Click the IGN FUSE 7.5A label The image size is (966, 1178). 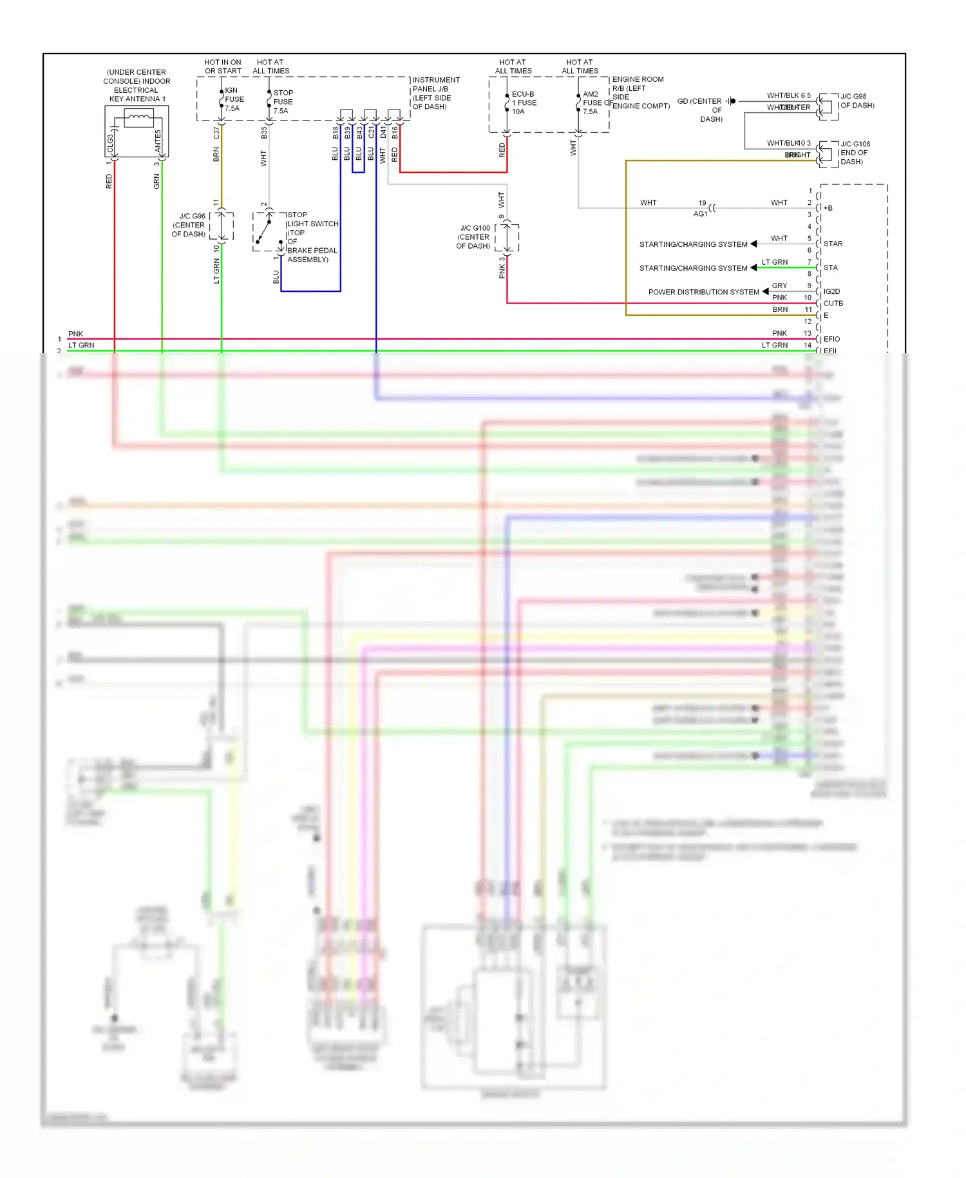[x=233, y=99]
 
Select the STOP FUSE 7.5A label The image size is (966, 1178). [x=283, y=102]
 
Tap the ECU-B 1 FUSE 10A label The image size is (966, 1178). [x=524, y=102]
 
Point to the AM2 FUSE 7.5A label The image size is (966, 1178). [x=591, y=102]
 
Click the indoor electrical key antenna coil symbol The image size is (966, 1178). [x=138, y=117]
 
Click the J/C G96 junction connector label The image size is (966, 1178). [x=189, y=225]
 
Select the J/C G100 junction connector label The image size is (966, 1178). [x=474, y=237]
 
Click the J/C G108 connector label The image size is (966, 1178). [x=855, y=153]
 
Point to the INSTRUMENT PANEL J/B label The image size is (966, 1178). [x=435, y=93]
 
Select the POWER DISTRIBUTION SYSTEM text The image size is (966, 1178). [x=703, y=292]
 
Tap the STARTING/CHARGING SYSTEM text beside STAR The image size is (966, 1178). [x=693, y=244]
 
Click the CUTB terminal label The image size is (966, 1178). [x=833, y=304]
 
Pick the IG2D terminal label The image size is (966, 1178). [x=831, y=291]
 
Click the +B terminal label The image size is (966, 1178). [x=828, y=208]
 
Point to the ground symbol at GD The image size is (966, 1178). [x=732, y=101]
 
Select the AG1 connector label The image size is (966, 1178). [x=700, y=214]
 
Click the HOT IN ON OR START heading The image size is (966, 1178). [x=223, y=66]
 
